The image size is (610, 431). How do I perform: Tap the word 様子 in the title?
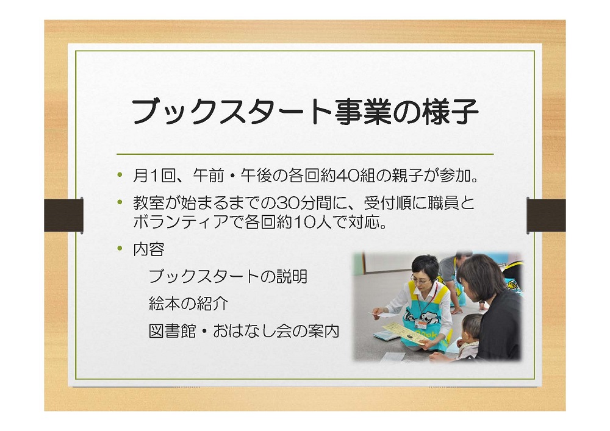(451, 112)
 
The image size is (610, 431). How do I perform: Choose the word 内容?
(149, 249)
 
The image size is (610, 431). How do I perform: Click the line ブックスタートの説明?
(228, 276)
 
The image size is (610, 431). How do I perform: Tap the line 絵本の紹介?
(188, 304)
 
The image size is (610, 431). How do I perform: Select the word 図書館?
(173, 331)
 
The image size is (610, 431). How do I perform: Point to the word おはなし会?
(252, 331)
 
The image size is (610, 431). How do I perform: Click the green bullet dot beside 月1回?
(120, 174)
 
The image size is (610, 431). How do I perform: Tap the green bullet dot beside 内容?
(120, 248)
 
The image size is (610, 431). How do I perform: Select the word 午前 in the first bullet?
(209, 176)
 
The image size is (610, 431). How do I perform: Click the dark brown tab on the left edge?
(63, 216)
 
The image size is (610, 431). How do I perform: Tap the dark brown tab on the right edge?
(546, 216)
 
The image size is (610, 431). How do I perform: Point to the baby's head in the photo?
(472, 327)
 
